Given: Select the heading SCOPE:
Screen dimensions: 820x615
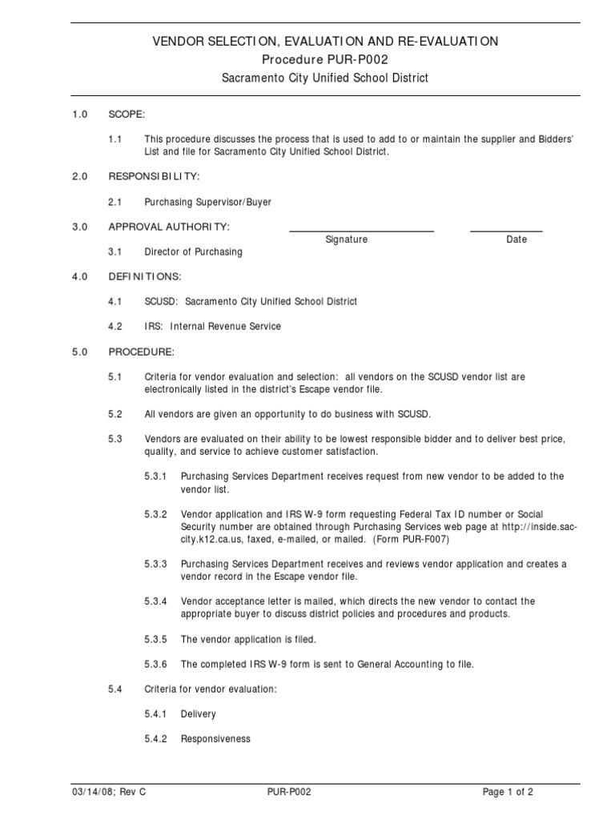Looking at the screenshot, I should click(x=127, y=115).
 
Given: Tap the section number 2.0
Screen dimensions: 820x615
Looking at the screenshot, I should click(x=78, y=175).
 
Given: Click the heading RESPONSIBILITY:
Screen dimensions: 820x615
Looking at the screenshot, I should click(x=155, y=175).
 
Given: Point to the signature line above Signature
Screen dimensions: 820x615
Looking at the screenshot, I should click(x=361, y=231).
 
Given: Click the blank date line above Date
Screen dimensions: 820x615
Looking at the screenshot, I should click(x=505, y=231).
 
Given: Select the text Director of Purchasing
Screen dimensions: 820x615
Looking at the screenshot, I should click(x=193, y=251).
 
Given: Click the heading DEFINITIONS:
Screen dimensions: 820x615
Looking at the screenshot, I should click(x=145, y=276).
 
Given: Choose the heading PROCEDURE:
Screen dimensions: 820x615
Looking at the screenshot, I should click(x=141, y=352).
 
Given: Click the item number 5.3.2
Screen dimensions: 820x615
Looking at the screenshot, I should click(x=156, y=514).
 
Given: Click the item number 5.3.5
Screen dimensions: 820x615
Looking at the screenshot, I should click(x=156, y=639).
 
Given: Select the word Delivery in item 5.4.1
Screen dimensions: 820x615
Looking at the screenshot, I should click(x=199, y=713).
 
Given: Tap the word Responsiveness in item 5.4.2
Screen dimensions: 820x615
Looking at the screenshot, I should click(x=215, y=739).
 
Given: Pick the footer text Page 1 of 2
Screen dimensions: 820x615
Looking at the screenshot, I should click(x=508, y=792).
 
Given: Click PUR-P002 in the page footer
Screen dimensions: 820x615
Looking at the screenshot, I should click(x=289, y=792).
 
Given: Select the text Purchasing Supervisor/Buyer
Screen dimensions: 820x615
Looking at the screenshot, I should click(x=207, y=203).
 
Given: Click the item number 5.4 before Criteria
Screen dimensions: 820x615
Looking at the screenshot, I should click(x=115, y=689).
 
